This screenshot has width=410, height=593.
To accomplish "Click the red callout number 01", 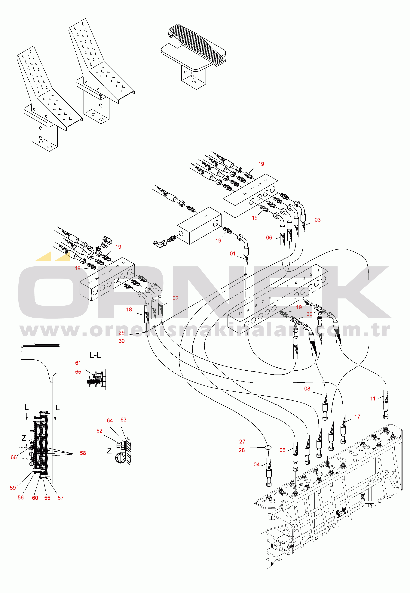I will click(232, 254).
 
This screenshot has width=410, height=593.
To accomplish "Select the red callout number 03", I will click(317, 220).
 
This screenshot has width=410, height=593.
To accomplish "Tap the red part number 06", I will click(269, 237).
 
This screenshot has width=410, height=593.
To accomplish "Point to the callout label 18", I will click(129, 310).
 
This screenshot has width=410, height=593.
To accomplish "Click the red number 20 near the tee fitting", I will click(310, 314).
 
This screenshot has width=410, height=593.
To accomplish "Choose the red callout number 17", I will click(357, 417).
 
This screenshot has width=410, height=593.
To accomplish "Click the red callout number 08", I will click(307, 389).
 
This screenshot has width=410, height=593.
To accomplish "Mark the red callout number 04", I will click(257, 465).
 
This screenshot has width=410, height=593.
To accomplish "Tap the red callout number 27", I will click(242, 442).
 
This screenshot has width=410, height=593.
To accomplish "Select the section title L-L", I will click(95, 355).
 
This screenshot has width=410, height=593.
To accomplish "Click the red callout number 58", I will click(83, 453).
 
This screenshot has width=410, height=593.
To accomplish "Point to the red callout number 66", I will click(14, 457).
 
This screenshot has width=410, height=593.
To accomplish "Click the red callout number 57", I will click(60, 498).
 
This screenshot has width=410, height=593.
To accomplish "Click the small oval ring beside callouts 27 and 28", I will click(268, 447).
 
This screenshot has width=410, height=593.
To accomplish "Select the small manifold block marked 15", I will click(199, 225).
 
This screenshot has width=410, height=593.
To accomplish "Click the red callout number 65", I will click(78, 372).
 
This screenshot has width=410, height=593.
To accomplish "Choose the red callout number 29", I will click(121, 333).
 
